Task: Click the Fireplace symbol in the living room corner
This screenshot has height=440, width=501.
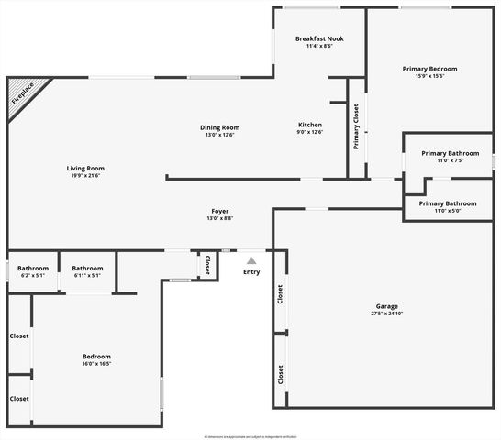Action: point(23,95)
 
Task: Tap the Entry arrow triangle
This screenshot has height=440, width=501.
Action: point(251,261)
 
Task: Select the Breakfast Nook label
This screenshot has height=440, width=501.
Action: point(319,38)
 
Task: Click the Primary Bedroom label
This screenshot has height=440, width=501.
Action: point(429,69)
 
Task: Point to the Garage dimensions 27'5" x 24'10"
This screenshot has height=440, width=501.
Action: point(386,313)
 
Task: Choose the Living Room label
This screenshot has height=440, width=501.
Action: point(85,168)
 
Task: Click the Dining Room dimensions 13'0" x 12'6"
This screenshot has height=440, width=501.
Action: point(219,135)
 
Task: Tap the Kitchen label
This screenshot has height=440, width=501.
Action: point(310,125)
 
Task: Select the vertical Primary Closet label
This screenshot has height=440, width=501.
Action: point(356,126)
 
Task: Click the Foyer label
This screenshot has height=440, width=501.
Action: point(219,211)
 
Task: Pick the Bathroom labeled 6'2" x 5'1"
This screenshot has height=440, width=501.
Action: point(32,269)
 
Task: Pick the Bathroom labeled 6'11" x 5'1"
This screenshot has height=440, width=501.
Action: point(87,269)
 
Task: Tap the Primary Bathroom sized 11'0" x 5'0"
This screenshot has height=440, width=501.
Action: point(448,203)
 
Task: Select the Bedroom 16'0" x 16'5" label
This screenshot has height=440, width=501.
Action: point(96,357)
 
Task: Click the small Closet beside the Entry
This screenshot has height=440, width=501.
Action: point(207,264)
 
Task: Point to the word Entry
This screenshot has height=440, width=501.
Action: point(251,272)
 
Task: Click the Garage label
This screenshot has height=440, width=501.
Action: point(386,306)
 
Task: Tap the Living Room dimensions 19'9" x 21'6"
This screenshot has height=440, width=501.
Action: point(85,176)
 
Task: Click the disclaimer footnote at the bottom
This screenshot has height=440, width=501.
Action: point(250,436)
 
